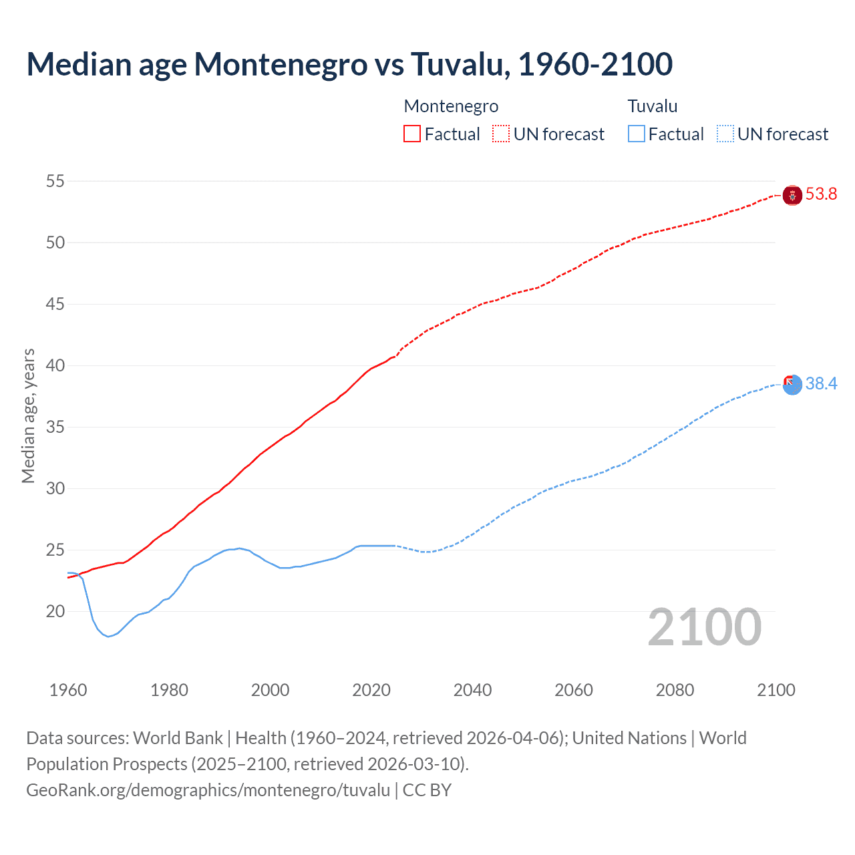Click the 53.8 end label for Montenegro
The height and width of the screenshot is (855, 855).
point(821,194)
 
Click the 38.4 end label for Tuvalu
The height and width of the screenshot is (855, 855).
point(821,384)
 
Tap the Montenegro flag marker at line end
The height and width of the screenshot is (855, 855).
point(792,195)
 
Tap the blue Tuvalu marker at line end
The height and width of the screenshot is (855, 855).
point(792,385)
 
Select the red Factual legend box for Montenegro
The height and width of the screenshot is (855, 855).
point(412,134)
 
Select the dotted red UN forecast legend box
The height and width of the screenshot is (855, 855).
point(501,134)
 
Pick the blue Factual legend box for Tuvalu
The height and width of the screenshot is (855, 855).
point(637,134)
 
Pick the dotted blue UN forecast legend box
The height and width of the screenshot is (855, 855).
point(725,134)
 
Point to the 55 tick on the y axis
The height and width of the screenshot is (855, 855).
point(55,181)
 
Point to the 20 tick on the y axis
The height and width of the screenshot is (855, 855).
point(55,611)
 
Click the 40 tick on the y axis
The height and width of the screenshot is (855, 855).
point(55,365)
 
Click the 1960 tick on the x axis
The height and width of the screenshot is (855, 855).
point(68,690)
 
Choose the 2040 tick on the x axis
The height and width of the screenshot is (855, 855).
point(472,690)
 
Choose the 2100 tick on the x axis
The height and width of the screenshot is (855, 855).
point(776,690)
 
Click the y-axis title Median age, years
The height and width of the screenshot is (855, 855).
point(28,415)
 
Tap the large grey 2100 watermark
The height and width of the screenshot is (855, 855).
point(704,627)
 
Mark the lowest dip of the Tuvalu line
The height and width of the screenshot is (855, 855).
point(108,637)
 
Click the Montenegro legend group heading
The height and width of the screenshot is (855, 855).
point(451,106)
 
